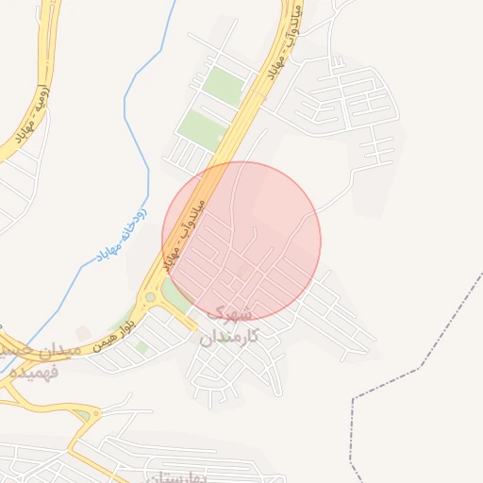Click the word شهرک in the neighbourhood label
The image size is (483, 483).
click(x=228, y=312)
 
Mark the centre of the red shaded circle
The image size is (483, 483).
click(x=241, y=241)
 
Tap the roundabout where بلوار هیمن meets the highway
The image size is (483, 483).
click(x=150, y=298)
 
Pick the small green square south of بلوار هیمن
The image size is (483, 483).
click(x=142, y=346)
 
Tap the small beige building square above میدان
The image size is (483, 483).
click(x=84, y=333)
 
